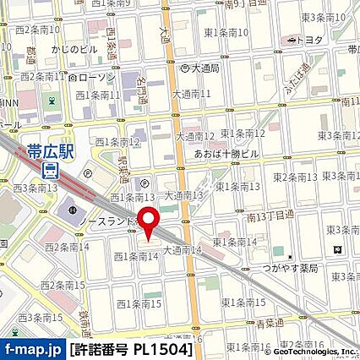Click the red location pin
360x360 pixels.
tap(150, 224)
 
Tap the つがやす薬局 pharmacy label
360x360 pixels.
tap(290, 268)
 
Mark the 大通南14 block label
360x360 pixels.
tap(183, 250)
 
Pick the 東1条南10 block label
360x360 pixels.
tap(226, 32)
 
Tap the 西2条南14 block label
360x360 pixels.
tap(67, 247)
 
